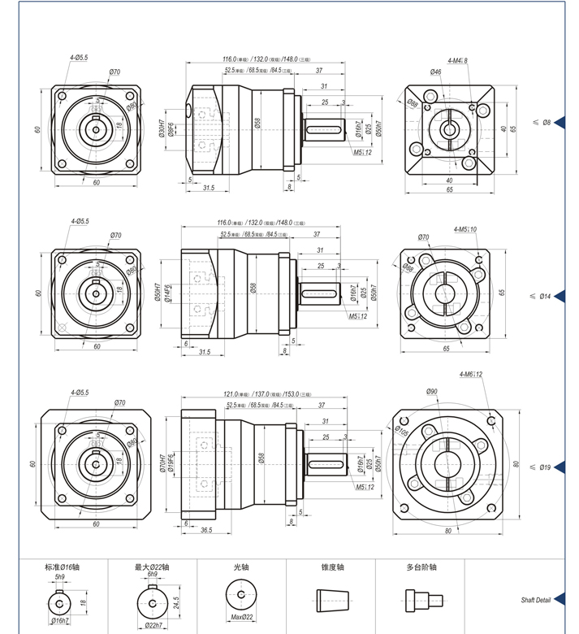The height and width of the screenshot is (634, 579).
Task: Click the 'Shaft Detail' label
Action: [x=535, y=601]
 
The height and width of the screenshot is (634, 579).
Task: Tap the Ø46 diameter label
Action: [x=436, y=72]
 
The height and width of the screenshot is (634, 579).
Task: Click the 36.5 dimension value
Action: [x=206, y=530]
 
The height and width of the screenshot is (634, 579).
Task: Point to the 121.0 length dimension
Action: [x=235, y=394]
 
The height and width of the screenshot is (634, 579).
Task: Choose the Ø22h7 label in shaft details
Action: [x=153, y=625]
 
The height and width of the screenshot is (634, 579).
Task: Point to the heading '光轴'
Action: [x=241, y=567]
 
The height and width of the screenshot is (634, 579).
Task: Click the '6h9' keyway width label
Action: [x=152, y=575]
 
